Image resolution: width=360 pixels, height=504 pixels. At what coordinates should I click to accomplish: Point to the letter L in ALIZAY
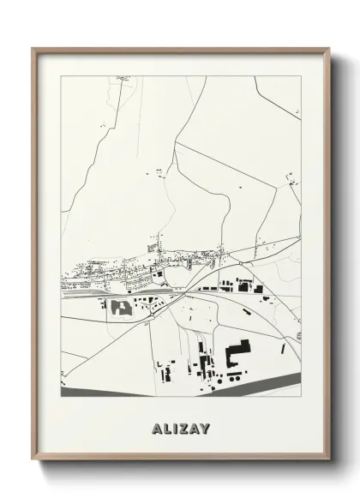click(x=165, y=425)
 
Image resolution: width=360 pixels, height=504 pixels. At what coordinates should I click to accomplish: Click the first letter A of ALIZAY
click(x=154, y=425)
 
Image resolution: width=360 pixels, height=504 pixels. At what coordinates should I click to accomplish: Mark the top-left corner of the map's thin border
click(x=61, y=75)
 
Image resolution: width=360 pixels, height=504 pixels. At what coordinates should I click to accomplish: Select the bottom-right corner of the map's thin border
click(x=302, y=397)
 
